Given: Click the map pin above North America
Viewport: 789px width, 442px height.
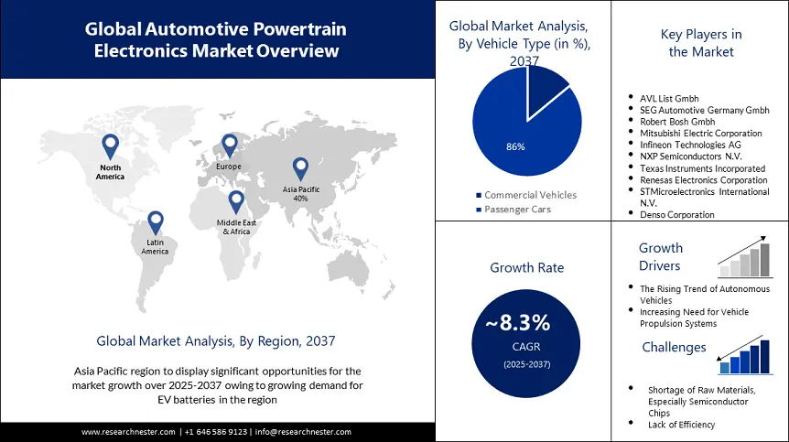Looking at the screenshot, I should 110,146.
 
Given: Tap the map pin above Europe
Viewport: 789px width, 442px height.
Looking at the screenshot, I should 229,146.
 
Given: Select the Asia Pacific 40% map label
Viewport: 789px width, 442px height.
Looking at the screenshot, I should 300,193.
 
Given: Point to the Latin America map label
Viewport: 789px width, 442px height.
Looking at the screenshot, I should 155,246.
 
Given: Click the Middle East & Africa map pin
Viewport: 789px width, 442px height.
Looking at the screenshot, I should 236,201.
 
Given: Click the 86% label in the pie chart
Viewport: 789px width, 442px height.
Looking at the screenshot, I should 515,146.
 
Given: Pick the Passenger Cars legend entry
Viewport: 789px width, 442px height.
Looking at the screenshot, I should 519,210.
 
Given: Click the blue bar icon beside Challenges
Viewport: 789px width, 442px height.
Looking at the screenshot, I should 744,356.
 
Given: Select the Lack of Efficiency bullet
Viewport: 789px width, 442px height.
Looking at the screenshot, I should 681,424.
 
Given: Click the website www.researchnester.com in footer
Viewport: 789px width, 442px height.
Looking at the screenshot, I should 129,432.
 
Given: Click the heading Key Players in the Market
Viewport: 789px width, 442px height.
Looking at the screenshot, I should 700,43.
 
